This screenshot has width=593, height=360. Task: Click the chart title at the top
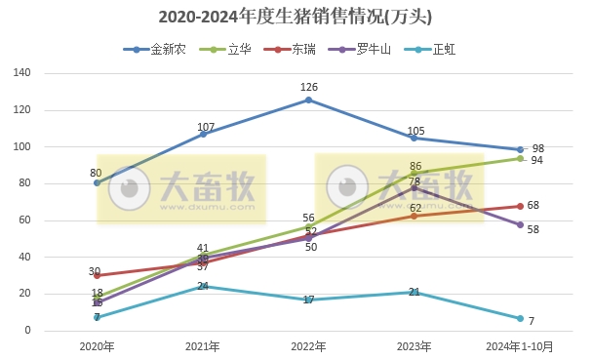(x=296, y=17)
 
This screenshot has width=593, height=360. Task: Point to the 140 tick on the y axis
(x=22, y=73)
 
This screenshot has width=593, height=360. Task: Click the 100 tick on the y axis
(x=22, y=147)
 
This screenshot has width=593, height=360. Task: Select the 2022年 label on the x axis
(x=308, y=346)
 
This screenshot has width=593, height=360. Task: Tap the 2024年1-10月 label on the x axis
(x=519, y=346)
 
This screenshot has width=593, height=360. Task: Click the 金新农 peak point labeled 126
(x=308, y=100)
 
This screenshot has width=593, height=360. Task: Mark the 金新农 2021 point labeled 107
(x=203, y=134)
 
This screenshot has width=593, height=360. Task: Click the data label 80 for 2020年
(x=96, y=173)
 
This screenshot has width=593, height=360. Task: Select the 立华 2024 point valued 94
(x=520, y=158)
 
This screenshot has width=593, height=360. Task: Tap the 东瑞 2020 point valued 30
(x=97, y=275)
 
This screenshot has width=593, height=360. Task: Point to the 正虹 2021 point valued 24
(x=203, y=287)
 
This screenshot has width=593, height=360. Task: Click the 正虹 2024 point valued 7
(x=520, y=318)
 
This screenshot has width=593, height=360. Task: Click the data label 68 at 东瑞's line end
(x=534, y=205)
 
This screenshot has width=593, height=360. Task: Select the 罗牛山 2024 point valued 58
(x=520, y=224)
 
